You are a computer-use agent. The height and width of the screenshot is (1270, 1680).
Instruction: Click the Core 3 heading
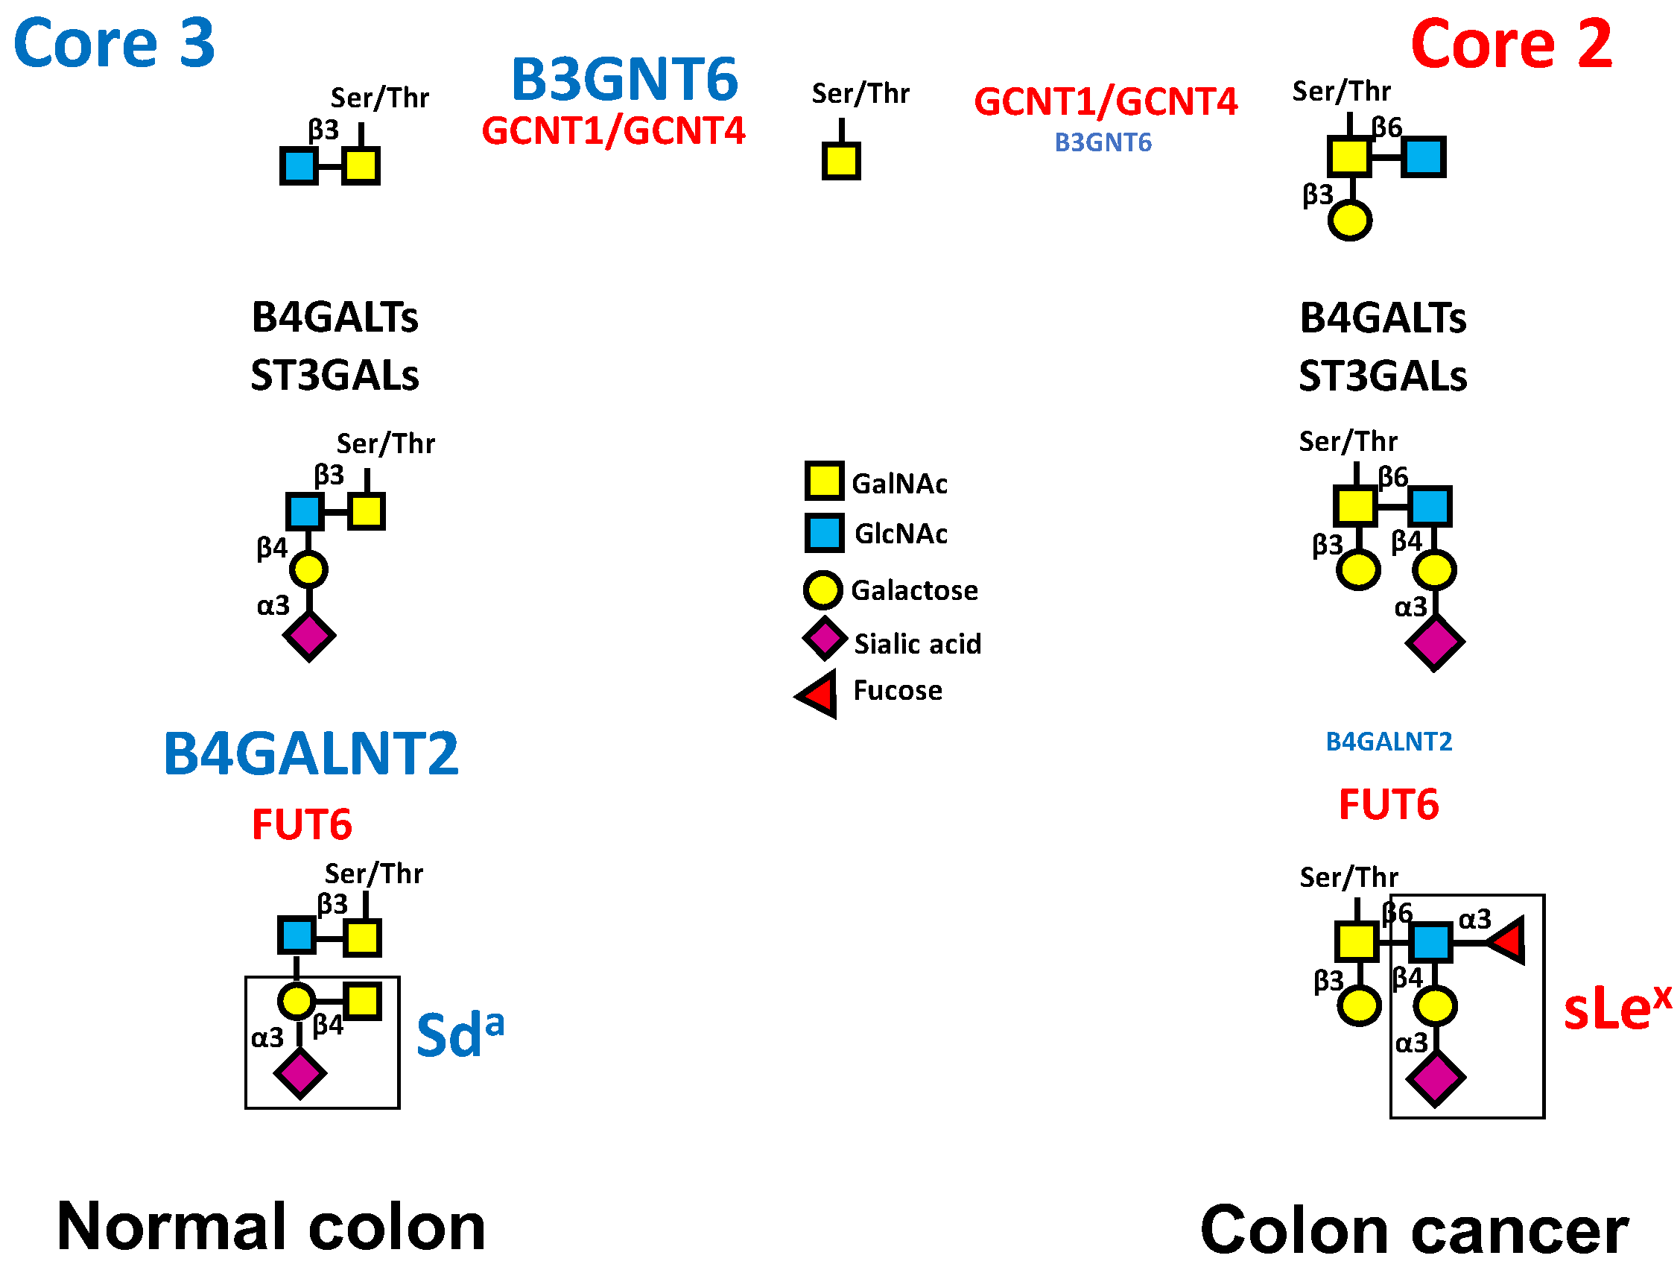[114, 43]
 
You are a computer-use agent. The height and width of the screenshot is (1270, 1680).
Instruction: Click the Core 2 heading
[1511, 45]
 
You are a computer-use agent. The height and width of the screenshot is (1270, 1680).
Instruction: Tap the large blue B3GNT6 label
[624, 79]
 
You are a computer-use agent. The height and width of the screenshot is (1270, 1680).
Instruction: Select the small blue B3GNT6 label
[1103, 143]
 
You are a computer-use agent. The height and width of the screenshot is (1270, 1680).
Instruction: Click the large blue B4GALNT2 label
[311, 754]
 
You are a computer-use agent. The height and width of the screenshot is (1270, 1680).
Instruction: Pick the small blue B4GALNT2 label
[1389, 742]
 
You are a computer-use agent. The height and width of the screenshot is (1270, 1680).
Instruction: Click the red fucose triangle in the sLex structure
[1506, 941]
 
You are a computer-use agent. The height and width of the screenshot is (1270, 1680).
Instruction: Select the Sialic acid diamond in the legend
[824, 638]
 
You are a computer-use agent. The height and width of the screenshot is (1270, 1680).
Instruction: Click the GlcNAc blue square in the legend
[824, 532]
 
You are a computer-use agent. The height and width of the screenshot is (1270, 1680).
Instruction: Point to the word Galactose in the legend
[914, 590]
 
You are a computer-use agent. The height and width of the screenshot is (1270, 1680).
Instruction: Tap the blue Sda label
[460, 1034]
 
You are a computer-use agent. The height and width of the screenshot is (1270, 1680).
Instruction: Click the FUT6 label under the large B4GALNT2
[302, 825]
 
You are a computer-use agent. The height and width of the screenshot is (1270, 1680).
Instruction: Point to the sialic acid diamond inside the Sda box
[300, 1073]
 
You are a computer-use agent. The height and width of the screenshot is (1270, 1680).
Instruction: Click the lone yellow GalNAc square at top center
[841, 161]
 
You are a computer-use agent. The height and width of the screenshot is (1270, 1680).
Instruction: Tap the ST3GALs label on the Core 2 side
[1382, 376]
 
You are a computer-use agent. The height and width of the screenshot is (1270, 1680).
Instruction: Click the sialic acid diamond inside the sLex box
[1435, 1078]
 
